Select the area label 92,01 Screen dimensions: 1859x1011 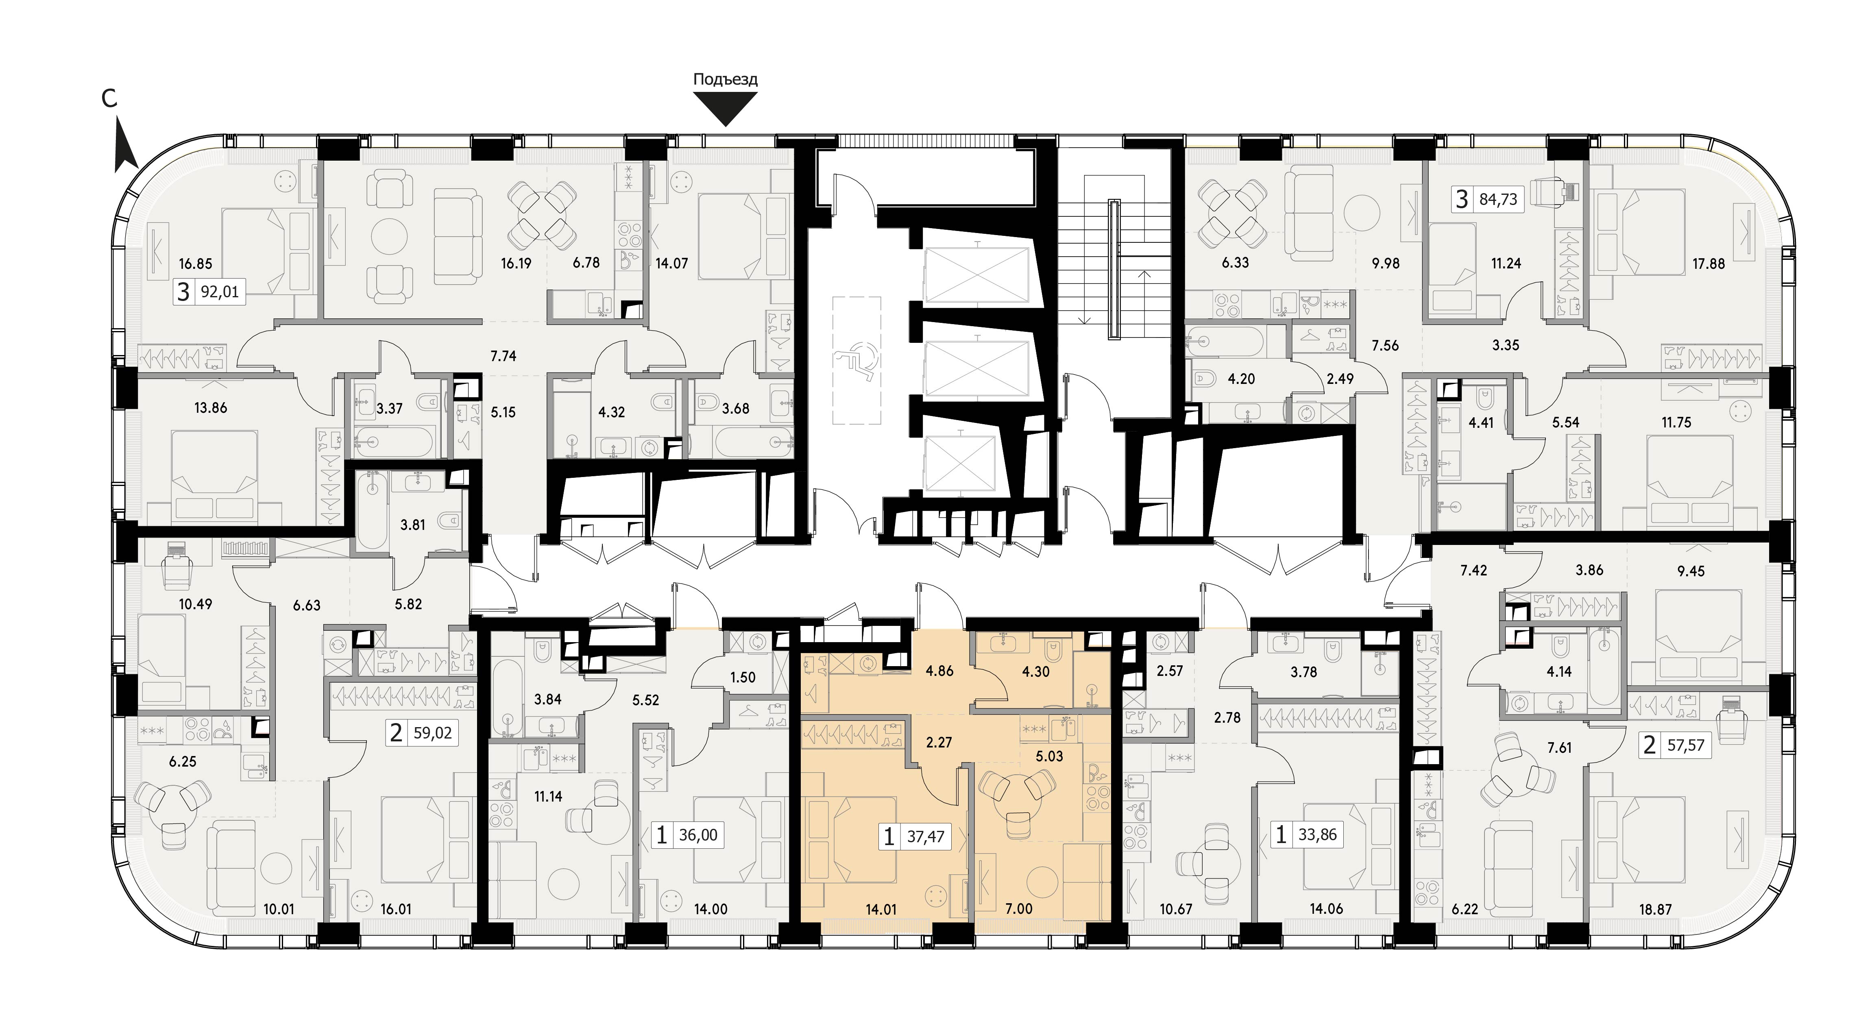(219, 292)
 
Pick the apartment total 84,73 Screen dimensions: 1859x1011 (1498, 199)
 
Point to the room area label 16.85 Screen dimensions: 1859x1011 (196, 264)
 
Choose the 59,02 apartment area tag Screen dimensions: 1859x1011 (432, 733)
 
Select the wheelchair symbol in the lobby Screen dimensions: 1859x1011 (856, 361)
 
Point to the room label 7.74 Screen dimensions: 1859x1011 (503, 356)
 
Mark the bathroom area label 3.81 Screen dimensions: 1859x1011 (413, 525)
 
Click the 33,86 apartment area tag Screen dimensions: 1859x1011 (1318, 835)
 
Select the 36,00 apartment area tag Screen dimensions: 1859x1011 (698, 835)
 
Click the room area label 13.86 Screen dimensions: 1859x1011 (211, 408)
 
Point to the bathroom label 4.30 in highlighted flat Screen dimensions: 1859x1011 (1035, 672)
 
